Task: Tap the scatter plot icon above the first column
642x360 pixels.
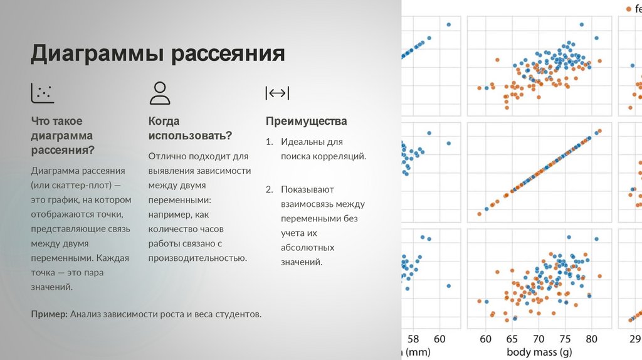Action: [x=43, y=93]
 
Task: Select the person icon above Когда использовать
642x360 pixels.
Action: [x=160, y=93]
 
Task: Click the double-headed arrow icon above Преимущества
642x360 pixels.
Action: [x=277, y=93]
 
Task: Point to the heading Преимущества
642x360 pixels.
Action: [x=306, y=121]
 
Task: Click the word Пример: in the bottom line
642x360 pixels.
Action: [x=49, y=314]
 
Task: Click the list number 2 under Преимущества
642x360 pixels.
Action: [x=269, y=189]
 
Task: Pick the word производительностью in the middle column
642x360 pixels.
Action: [x=197, y=258]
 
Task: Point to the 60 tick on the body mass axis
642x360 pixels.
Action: [x=485, y=339]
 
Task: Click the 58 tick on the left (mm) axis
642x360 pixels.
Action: [x=413, y=339]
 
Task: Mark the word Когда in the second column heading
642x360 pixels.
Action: [x=164, y=121]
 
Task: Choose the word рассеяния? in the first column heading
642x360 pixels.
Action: [x=63, y=150]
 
